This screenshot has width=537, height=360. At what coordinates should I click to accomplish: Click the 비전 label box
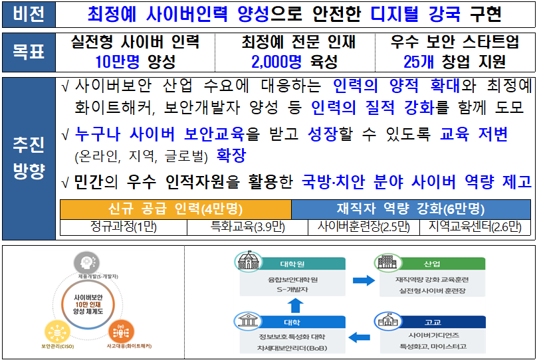coord(29,15)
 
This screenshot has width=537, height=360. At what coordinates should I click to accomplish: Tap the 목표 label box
coord(29,52)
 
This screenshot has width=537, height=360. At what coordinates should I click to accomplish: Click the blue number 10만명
coord(118,62)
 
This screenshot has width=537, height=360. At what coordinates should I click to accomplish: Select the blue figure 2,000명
coord(276,62)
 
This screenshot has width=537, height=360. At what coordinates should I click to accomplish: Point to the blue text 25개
coord(419,62)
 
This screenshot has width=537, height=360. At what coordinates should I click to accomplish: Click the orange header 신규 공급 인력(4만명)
coord(175,209)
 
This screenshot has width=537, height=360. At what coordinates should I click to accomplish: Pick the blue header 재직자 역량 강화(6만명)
coord(411,209)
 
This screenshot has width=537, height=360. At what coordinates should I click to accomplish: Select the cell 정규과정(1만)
coord(124,227)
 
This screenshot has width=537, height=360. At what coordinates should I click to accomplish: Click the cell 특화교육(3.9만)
coord(248,227)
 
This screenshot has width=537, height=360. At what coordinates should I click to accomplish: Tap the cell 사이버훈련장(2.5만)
coord(364,227)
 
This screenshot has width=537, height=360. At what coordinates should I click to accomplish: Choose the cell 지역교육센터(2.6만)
coord(475,227)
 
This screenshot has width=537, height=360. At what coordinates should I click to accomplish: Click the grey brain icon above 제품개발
coord(87,263)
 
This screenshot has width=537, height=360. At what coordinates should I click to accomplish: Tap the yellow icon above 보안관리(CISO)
coord(58,332)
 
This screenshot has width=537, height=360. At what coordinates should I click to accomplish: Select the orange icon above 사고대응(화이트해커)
coord(121,332)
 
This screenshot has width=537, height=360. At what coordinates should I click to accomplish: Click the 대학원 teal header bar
coord(301,264)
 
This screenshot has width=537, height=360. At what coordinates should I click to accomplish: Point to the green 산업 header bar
coord(441,264)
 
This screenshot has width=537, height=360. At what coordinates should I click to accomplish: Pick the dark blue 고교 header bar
coord(441,322)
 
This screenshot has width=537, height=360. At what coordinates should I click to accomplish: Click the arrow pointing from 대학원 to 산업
coord(364,280)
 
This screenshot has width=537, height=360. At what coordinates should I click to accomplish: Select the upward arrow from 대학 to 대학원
coord(295,306)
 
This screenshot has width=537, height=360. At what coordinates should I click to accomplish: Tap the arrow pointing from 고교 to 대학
coord(360,337)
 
